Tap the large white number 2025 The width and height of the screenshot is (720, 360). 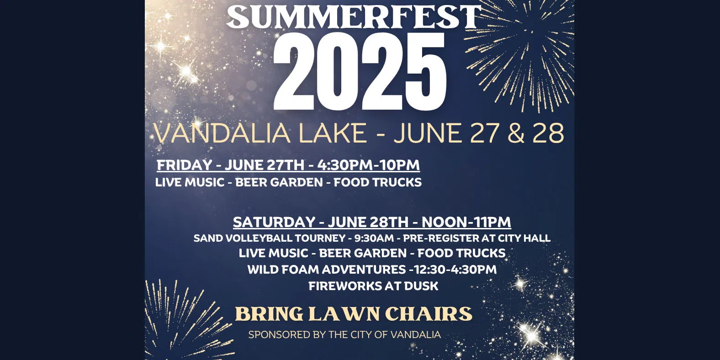[x=360, y=72]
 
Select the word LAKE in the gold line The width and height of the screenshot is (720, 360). [x=332, y=133]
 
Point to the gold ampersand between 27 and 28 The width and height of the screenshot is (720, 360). [x=516, y=133]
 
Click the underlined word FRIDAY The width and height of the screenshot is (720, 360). [x=184, y=165]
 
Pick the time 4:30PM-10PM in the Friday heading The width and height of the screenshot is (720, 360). [x=368, y=165]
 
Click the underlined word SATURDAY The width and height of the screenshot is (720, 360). [x=274, y=222]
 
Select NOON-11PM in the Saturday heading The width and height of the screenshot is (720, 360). [x=466, y=222]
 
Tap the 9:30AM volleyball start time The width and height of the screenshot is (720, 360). [x=374, y=238]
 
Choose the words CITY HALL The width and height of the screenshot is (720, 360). [x=524, y=238]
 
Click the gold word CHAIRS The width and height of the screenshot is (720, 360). [x=428, y=314]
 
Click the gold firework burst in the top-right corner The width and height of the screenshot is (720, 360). [x=530, y=50]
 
